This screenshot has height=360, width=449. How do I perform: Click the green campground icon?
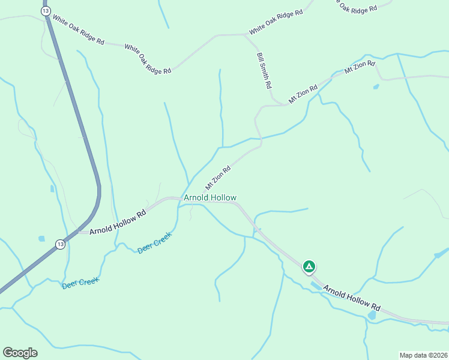309,266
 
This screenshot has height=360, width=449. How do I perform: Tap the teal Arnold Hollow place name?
210,197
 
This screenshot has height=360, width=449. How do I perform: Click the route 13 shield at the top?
46,11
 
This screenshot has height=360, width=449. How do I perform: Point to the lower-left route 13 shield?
60,244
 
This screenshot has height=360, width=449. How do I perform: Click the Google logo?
20,353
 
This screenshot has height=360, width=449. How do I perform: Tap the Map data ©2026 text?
423,355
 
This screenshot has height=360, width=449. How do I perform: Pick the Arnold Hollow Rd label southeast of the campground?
352,298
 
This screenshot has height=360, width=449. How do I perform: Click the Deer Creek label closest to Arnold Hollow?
155,243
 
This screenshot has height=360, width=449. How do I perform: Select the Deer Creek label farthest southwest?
80,283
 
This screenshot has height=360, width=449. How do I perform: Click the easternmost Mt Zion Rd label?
360,67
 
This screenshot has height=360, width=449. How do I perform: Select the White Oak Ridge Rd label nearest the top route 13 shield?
79,30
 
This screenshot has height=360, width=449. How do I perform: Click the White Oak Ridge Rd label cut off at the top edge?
358,7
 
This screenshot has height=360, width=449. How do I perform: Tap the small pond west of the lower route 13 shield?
41,239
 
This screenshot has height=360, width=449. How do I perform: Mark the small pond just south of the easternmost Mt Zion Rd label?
376,87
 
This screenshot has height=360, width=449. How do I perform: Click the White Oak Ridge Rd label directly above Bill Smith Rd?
276,22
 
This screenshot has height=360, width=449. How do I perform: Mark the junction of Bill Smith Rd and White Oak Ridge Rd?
244,35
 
